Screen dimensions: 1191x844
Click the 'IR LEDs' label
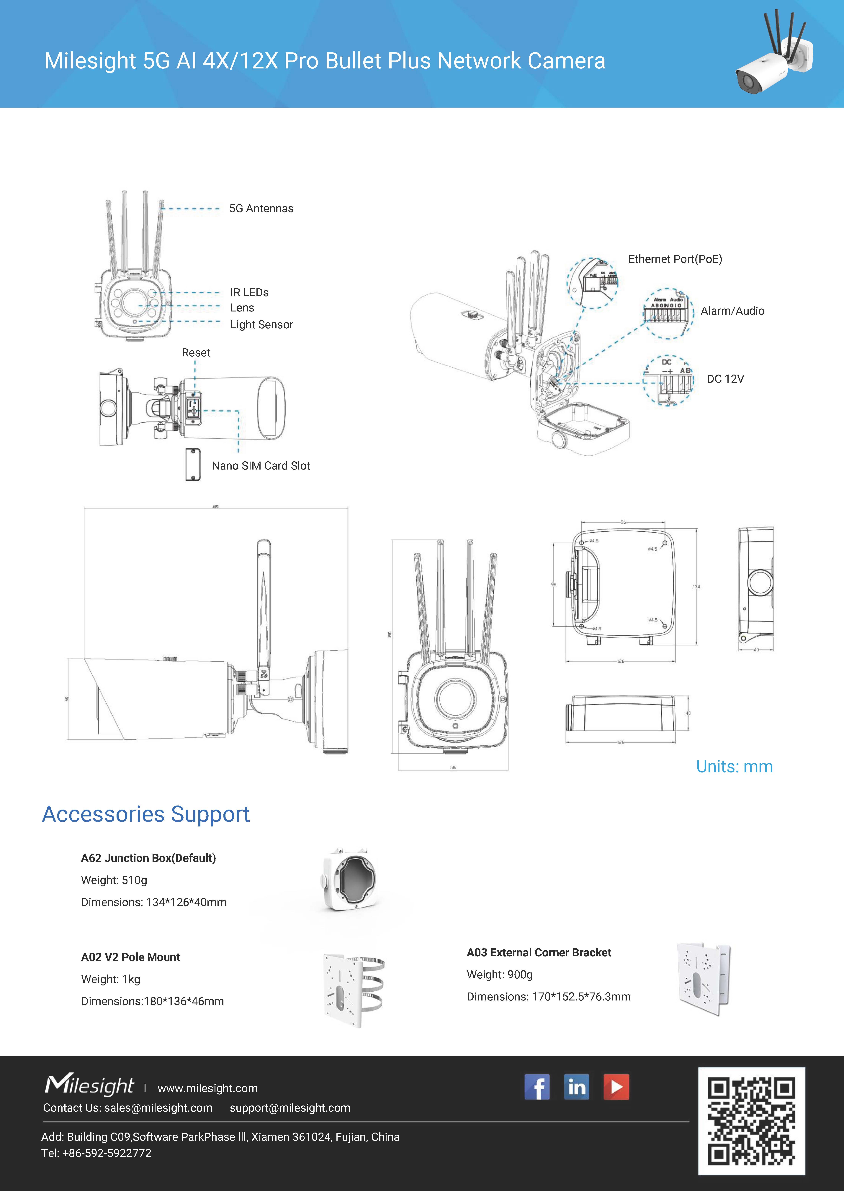249,292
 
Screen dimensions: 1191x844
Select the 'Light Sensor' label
261,325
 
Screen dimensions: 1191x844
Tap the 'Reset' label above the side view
196,353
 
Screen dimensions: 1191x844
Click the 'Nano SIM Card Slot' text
261,466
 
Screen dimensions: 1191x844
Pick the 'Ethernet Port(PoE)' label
675,259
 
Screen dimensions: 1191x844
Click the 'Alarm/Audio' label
732,311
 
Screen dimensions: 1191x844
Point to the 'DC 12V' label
725,379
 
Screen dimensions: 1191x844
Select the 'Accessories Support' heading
146,814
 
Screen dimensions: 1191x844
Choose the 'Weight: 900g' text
499,974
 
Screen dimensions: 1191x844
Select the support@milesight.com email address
290,1108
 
